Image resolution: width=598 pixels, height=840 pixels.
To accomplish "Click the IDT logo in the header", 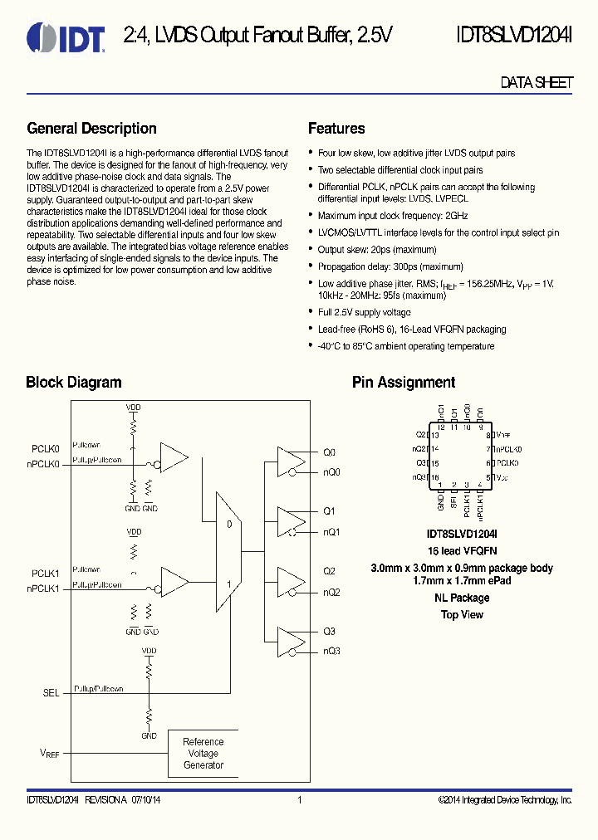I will tap(66, 36).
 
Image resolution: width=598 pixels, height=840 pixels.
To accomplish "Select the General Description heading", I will tap(91, 129).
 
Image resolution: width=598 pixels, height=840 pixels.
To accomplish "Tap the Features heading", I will tap(336, 129).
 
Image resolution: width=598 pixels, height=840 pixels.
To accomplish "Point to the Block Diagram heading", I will tap(74, 383).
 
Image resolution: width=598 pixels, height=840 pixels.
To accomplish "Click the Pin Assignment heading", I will tap(404, 383).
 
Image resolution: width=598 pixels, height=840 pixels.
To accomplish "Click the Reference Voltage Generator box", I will tap(203, 754).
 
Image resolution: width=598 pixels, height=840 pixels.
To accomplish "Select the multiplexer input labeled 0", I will tap(228, 524).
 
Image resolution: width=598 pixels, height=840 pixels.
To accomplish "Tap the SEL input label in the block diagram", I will tap(51, 693).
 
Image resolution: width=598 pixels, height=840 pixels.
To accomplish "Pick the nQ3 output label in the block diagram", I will tap(331, 651).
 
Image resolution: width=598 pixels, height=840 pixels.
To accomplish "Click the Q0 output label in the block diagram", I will tap(329, 453).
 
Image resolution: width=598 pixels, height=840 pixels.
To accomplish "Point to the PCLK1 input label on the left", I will tap(46, 574).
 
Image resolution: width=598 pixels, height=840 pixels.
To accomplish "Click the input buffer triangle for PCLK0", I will tap(174, 456).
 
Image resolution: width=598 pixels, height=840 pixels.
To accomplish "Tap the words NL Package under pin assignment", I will tap(462, 598).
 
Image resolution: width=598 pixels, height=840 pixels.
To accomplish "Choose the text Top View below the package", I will tap(462, 615).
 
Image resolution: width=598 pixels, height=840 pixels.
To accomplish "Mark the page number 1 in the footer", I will tap(299, 800).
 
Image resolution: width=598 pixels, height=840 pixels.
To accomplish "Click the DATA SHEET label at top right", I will tap(537, 83).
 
